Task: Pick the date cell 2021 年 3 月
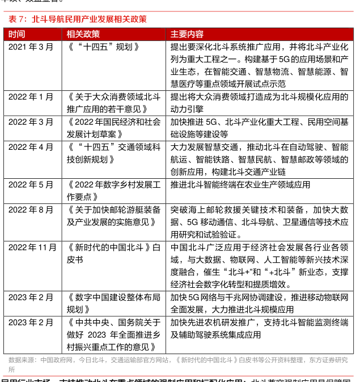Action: (31, 47)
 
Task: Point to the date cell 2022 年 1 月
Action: (31, 97)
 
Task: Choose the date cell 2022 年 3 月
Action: (31, 122)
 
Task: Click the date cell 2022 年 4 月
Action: (31, 147)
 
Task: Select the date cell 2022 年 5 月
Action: (31, 184)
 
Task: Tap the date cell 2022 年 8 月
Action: (31, 209)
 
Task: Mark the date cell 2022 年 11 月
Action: (32, 247)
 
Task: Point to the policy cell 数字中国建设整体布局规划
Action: (113, 303)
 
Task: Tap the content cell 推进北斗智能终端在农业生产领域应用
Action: (240, 184)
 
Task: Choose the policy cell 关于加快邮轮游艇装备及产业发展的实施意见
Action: (113, 216)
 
